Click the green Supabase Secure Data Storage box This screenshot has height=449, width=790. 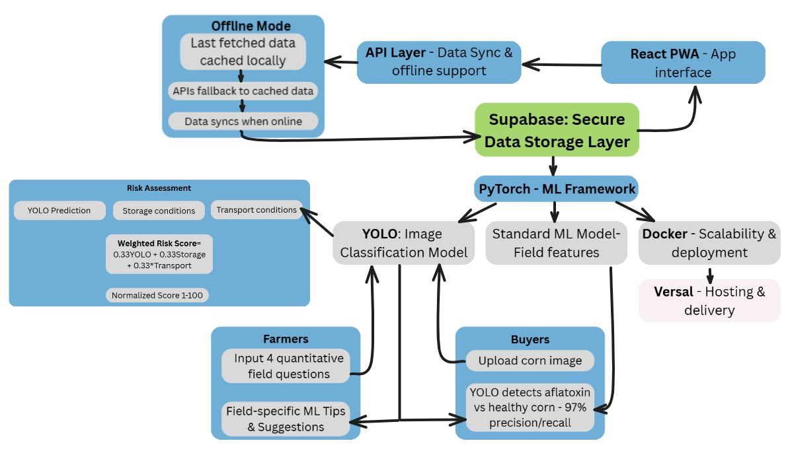pyautogui.click(x=557, y=129)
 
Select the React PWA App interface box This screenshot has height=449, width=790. pyautogui.click(x=683, y=62)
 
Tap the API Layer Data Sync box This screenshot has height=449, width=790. pyautogui.click(x=438, y=61)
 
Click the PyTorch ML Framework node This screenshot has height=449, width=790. pyautogui.click(x=557, y=189)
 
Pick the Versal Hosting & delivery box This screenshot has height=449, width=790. pyautogui.click(x=709, y=300)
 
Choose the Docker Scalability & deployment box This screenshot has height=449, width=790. pyautogui.click(x=709, y=243)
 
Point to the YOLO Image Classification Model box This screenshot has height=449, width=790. pyautogui.click(x=403, y=243)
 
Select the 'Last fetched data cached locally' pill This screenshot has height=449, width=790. pyautogui.click(x=243, y=52)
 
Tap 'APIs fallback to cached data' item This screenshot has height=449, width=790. pyautogui.click(x=243, y=90)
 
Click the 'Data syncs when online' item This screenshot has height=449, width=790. pyautogui.click(x=243, y=121)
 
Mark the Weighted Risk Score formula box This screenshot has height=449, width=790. pyautogui.click(x=159, y=254)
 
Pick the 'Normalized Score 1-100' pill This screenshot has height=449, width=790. pyautogui.click(x=157, y=295)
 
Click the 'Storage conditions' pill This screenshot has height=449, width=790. pyautogui.click(x=159, y=211)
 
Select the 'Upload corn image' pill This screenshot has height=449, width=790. pyautogui.click(x=530, y=361)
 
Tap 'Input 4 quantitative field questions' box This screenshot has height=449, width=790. pyautogui.click(x=286, y=366)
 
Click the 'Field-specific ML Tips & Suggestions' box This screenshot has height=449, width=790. pyautogui.click(x=286, y=418)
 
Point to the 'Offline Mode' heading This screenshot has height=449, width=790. pyautogui.click(x=251, y=26)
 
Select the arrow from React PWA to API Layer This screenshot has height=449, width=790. pyautogui.click(x=562, y=64)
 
